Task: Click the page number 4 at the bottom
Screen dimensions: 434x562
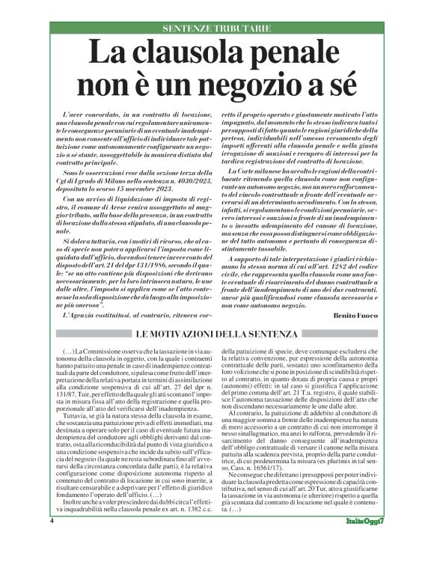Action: [52, 540]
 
